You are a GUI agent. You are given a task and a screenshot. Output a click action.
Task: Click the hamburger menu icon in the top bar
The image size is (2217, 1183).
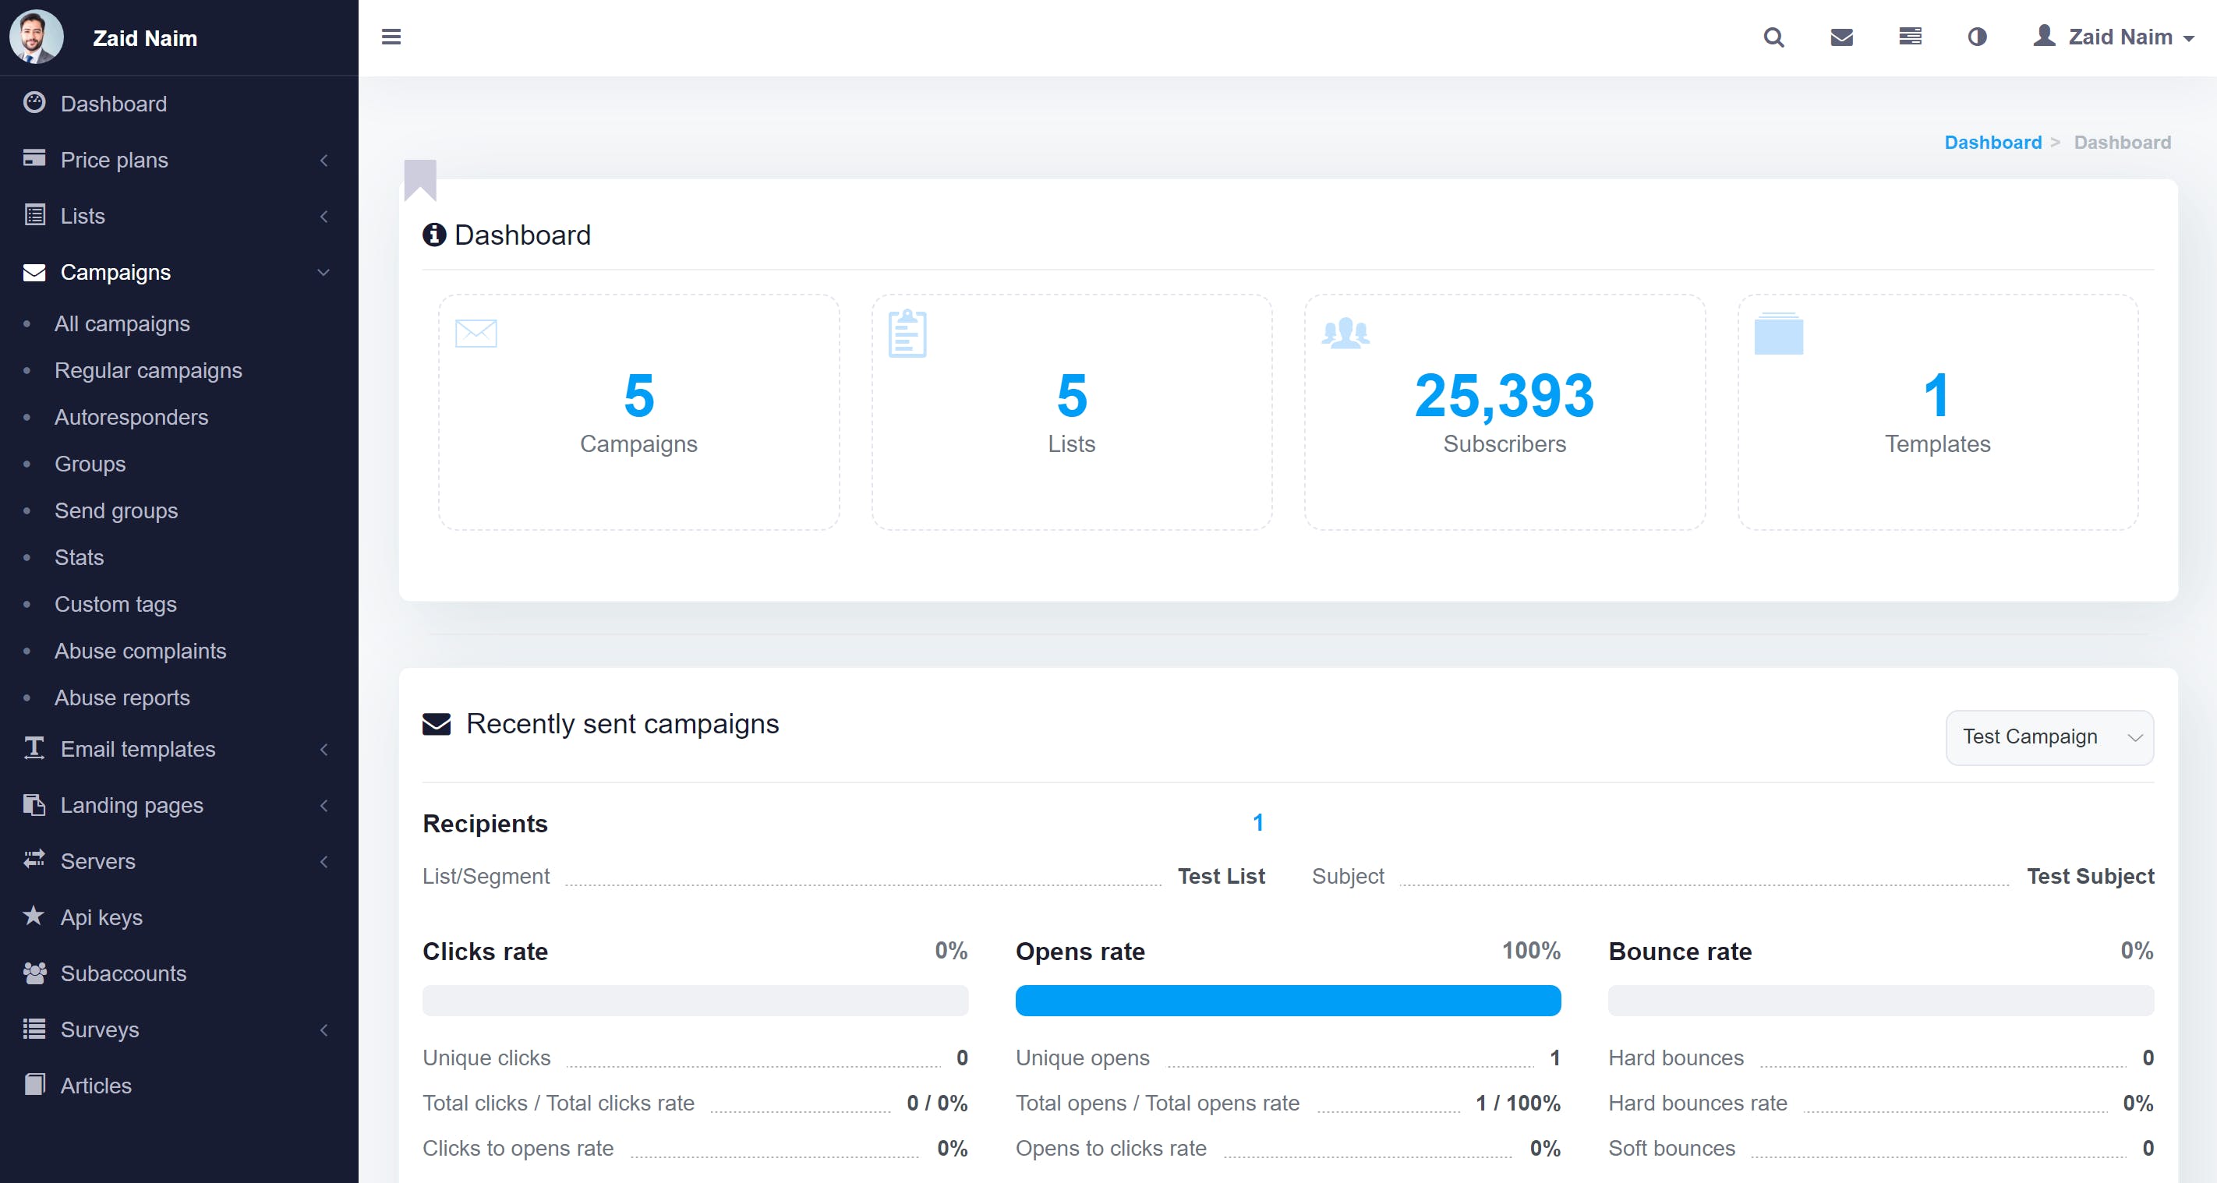(391, 37)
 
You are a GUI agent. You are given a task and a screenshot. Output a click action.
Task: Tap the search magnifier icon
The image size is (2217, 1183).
(1773, 37)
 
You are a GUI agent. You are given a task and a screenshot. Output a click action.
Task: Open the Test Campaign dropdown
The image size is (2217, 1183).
(2049, 737)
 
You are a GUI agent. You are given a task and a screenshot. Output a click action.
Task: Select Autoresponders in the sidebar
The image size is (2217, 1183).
(131, 417)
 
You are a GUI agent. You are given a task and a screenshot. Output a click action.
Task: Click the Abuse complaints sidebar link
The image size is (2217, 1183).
(140, 652)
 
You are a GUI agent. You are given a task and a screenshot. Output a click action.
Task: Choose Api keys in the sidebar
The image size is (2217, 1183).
(101, 917)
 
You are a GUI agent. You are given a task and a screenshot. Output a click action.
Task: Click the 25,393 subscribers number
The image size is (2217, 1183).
(1504, 396)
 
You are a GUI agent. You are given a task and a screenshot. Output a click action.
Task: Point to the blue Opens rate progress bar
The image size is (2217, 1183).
(1288, 1001)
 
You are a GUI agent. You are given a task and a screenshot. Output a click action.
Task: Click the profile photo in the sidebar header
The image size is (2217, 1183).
(35, 37)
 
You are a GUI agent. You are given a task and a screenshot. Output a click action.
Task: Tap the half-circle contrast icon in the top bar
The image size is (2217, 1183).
(1977, 37)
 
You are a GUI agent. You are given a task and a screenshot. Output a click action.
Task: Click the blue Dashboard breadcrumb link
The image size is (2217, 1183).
(1992, 142)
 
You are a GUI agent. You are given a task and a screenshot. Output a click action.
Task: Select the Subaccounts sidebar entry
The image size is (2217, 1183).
(123, 973)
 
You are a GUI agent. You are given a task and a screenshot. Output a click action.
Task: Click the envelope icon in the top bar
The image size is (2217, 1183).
(1841, 37)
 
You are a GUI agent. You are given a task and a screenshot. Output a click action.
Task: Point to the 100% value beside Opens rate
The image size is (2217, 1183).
(1530, 951)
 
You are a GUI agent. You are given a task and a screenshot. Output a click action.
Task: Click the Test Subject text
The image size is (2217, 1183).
(2090, 876)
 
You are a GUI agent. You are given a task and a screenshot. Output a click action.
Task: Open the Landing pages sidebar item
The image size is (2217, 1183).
(132, 805)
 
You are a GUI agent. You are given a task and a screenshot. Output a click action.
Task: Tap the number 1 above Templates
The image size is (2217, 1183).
(1936, 396)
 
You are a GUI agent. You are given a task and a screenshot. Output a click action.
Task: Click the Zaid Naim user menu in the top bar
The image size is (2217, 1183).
(2113, 37)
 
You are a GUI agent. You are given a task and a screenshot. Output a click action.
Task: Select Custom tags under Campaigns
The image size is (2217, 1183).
(115, 604)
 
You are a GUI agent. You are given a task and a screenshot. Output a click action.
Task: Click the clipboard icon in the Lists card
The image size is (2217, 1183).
(907, 333)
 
